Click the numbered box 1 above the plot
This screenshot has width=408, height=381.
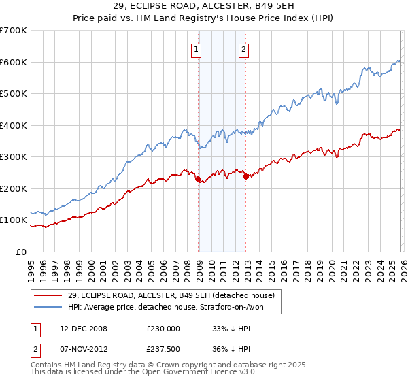click(x=196, y=48)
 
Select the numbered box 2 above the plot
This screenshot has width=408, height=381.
click(x=243, y=48)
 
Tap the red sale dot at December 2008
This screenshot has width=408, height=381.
click(x=198, y=180)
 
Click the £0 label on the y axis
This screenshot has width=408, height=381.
click(x=20, y=252)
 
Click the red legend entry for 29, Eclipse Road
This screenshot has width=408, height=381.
click(x=171, y=295)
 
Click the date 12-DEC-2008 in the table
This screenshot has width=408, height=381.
click(x=84, y=328)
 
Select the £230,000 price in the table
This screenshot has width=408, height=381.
click(x=163, y=328)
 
